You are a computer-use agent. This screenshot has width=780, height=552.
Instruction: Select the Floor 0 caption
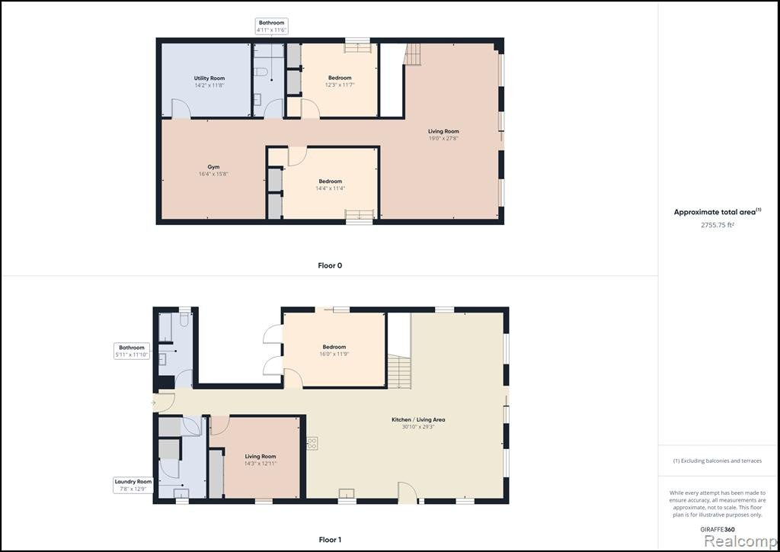[330, 266]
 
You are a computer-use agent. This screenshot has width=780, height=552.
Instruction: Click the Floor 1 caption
[330, 540]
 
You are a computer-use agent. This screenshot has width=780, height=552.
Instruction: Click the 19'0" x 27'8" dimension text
[443, 138]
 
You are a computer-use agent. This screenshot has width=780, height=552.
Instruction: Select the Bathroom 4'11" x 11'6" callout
[272, 27]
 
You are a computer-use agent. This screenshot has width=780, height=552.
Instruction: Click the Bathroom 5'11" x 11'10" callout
[132, 351]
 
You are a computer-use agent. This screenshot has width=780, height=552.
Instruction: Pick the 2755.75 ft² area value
[718, 225]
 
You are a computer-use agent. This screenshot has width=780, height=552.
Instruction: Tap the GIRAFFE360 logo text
[718, 530]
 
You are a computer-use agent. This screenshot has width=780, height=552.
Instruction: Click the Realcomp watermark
[740, 541]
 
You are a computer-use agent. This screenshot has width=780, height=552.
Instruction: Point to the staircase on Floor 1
[399, 371]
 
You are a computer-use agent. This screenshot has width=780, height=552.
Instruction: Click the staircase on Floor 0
[412, 54]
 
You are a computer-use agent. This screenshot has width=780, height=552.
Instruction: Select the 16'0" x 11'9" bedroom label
[334, 354]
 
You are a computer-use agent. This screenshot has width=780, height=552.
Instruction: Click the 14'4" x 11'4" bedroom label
[331, 188]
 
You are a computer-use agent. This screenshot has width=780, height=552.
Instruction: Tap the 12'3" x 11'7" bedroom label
[340, 85]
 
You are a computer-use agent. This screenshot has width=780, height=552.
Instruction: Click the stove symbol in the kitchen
[312, 443]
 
